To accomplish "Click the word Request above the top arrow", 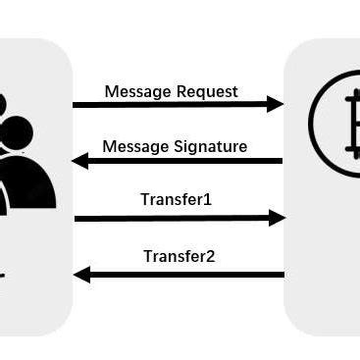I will pos(204,92).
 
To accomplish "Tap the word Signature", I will pos(213,147).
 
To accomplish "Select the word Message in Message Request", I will pos(136,92).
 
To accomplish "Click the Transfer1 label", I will pos(177,201).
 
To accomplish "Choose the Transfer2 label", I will pos(180,257).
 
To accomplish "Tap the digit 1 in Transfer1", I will pos(208,201).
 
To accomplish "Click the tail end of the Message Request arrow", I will pos(76,104).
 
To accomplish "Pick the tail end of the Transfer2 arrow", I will pos(282,275).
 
